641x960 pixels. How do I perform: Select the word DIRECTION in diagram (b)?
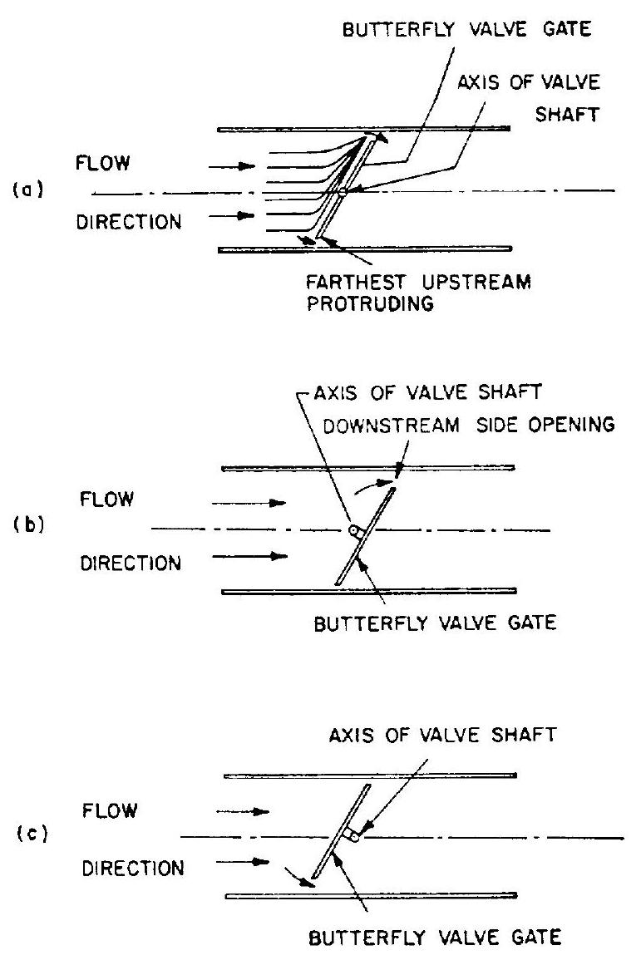(130, 564)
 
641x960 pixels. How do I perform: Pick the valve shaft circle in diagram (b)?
(353, 529)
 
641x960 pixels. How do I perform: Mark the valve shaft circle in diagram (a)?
(342, 192)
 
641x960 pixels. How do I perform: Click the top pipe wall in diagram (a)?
(362, 129)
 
